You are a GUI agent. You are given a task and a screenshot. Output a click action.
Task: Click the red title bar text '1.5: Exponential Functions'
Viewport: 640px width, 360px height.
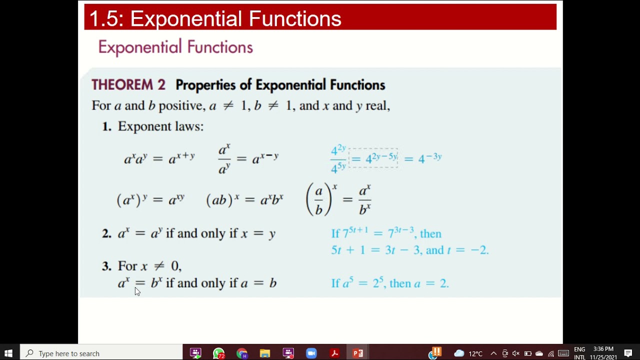pos(215,19)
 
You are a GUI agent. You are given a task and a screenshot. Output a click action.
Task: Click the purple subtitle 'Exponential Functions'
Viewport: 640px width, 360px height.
pos(175,47)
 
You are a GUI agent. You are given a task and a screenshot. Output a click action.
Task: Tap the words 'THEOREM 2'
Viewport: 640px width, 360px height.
pos(128,85)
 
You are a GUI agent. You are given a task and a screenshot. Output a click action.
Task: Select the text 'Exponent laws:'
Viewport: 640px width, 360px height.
pos(160,126)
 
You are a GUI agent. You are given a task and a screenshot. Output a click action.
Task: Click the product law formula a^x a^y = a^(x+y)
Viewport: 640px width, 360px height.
pos(159,158)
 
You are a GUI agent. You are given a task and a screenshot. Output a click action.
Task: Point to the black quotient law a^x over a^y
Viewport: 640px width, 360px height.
pos(224,159)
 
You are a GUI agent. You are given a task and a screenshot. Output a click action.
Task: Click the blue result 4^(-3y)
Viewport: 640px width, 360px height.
pos(429,158)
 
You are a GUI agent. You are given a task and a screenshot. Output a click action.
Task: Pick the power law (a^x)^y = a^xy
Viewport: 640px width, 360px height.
pos(150,199)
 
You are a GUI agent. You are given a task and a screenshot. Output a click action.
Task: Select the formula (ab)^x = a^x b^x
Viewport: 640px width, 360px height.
pos(244,199)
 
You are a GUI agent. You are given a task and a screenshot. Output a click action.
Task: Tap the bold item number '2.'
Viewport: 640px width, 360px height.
pos(106,233)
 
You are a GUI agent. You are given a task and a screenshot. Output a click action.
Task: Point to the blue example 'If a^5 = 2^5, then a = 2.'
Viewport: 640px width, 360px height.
pos(390,283)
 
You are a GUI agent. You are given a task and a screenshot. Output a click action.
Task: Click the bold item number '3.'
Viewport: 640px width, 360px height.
pos(106,266)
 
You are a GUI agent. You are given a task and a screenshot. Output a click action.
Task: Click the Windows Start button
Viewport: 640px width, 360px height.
pos(8,353)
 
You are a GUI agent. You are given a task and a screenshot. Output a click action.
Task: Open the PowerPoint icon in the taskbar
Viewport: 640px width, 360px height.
pos(358,353)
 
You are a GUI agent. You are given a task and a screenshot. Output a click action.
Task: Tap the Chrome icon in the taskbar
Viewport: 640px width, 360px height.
pos(242,353)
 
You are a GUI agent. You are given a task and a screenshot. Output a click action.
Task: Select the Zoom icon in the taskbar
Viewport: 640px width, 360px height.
pos(311,353)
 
